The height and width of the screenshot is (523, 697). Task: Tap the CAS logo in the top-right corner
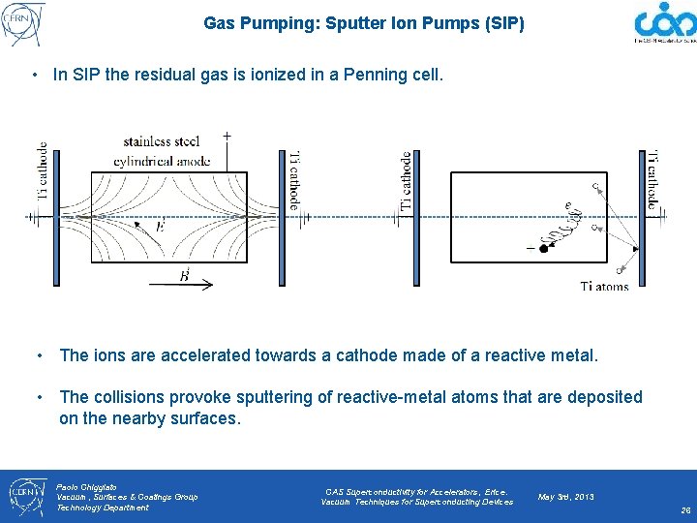coord(665,23)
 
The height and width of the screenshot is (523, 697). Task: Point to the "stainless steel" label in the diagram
coord(162,141)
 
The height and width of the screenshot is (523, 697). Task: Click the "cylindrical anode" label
coord(162,161)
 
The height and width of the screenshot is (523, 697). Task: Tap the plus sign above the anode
coord(227,136)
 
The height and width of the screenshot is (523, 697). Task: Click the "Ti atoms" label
coord(605,286)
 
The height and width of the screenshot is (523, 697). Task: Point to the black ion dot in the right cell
coord(544,249)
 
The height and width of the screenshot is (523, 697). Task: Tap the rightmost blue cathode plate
coord(642,219)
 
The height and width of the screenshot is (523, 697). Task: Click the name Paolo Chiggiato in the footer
coord(86,486)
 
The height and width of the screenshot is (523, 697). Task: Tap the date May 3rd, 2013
coord(566,497)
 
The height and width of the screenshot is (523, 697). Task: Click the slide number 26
coord(684,509)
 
